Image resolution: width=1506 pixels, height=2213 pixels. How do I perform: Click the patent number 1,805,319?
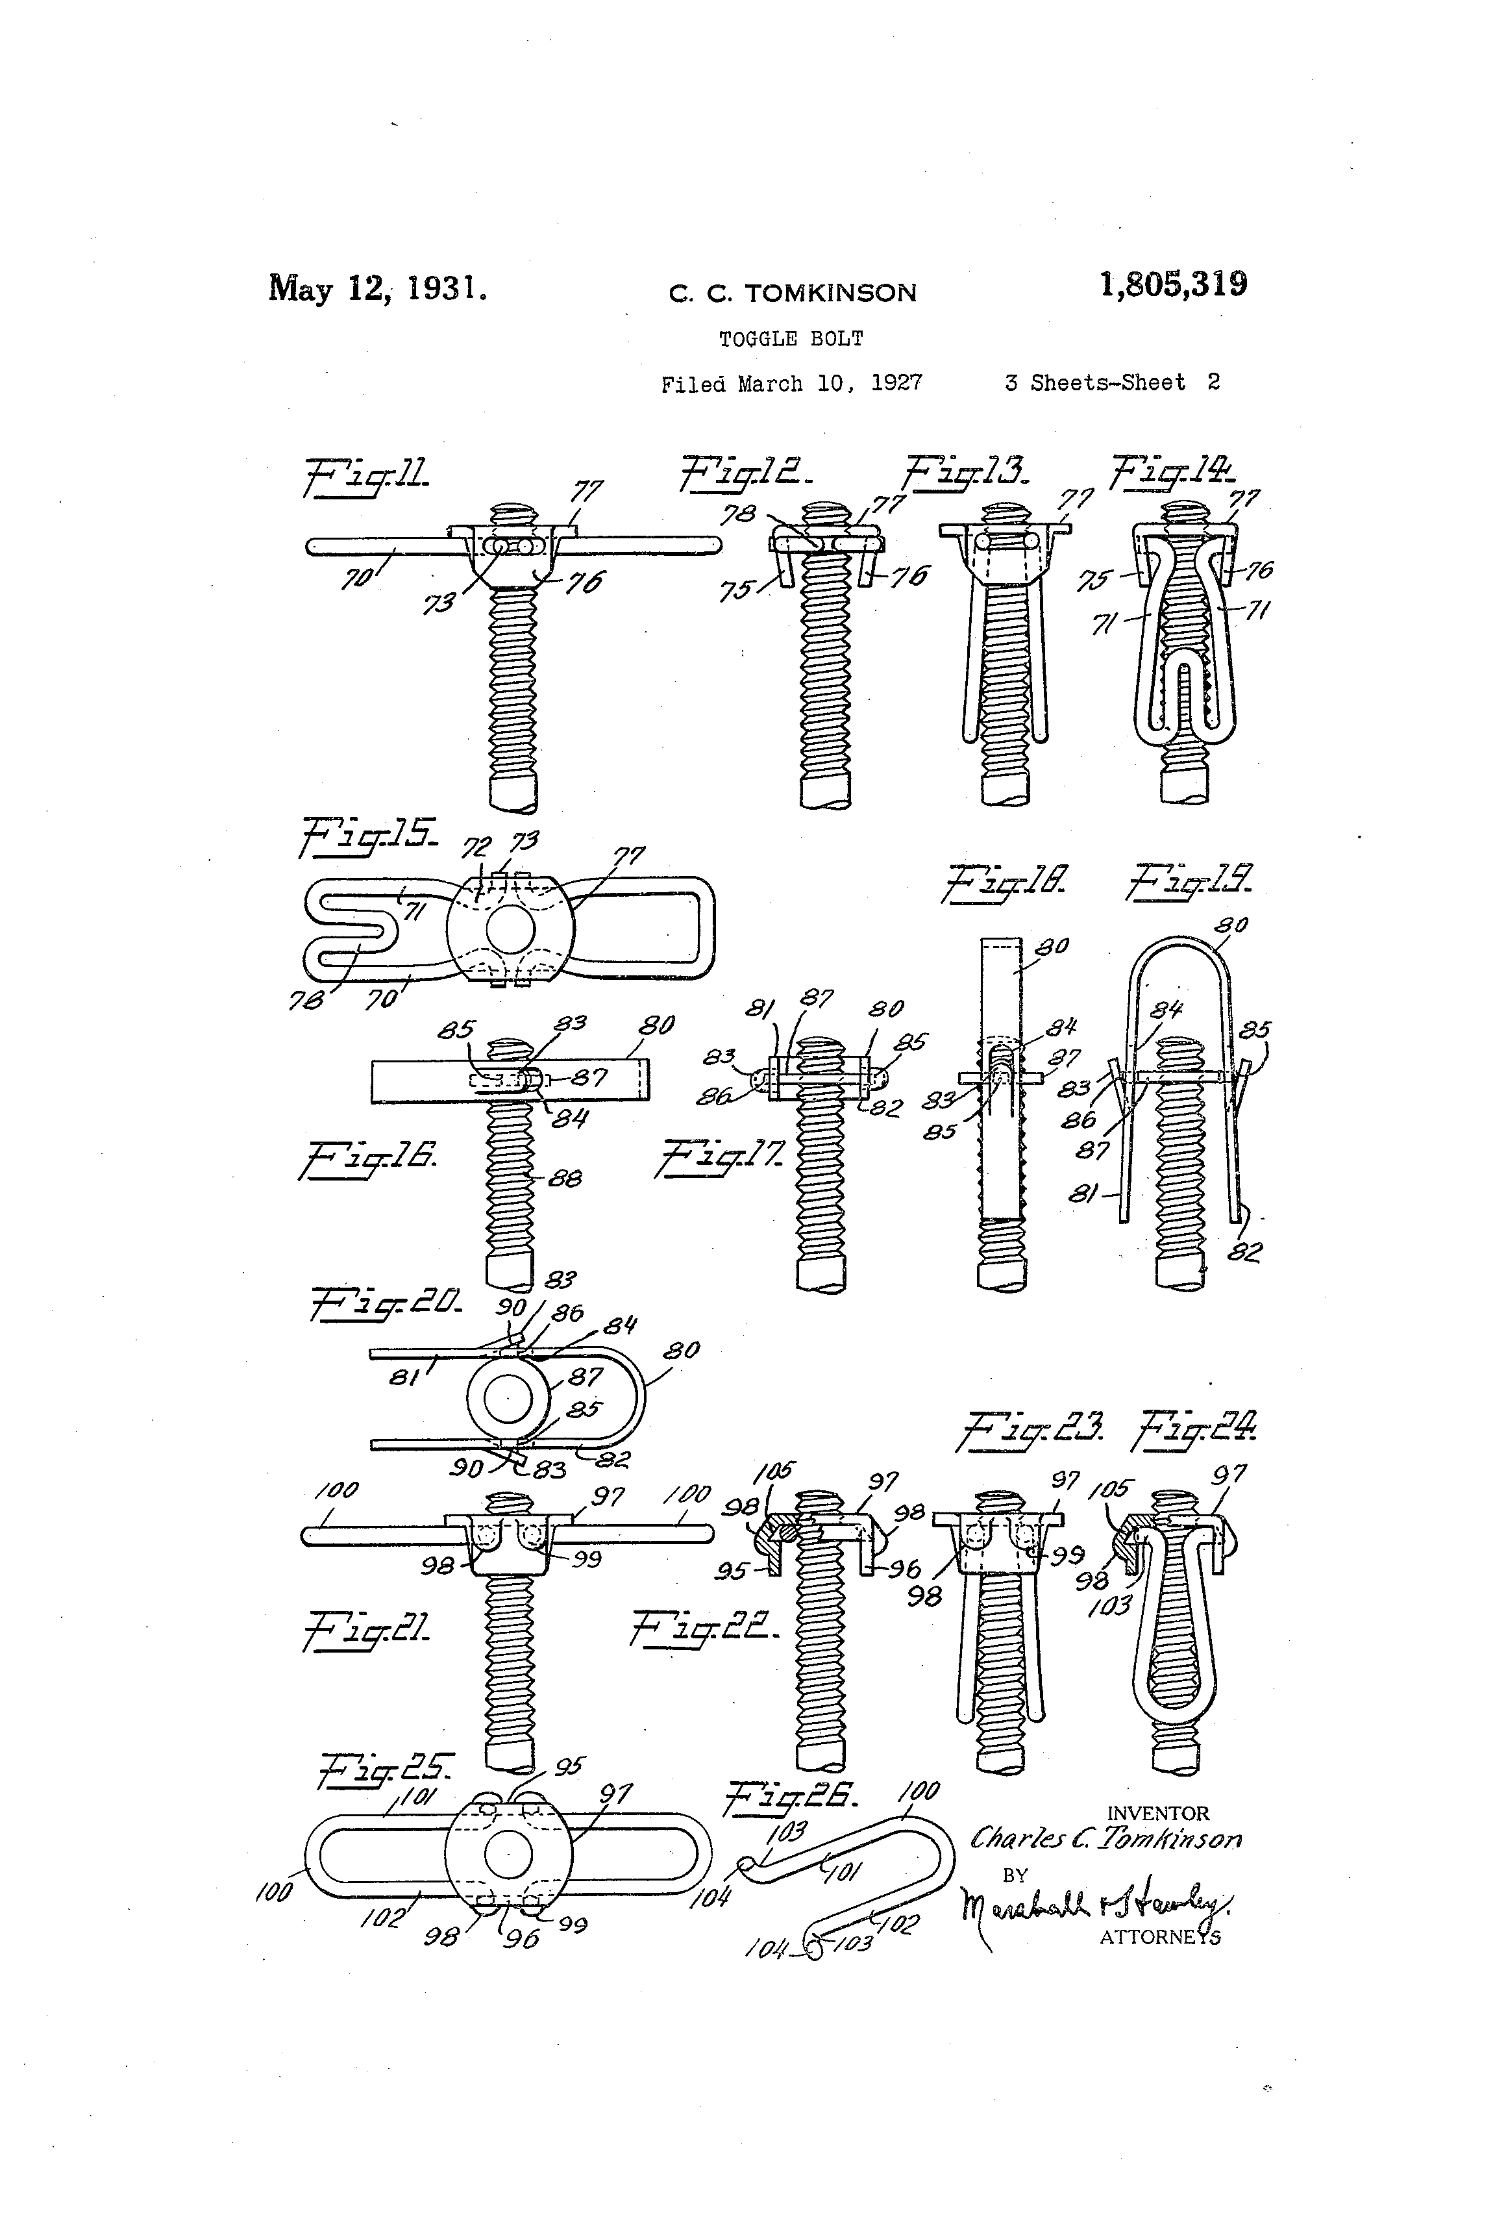coord(1173,284)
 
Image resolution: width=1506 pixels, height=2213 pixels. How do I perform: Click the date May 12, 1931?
coord(378,288)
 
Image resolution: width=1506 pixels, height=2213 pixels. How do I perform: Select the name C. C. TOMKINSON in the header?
coord(792,292)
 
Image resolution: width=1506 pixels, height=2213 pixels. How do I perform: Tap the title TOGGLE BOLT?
coord(791,339)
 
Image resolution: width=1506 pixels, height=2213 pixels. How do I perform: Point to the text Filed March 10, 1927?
coord(791,384)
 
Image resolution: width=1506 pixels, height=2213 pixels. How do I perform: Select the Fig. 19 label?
coord(1190,881)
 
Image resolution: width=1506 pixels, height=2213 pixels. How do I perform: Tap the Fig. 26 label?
coord(792,1798)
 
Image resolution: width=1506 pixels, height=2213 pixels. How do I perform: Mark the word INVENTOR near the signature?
coord(1157,1814)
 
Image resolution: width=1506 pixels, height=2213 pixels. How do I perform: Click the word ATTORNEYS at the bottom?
coord(1159,1937)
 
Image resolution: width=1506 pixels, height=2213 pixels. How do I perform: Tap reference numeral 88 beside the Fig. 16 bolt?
coord(565,1179)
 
